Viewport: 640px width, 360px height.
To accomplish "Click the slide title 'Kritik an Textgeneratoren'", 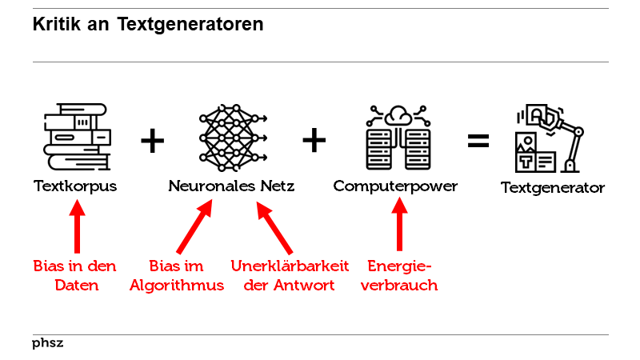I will tap(148, 25).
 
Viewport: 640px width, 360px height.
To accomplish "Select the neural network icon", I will tap(231, 137).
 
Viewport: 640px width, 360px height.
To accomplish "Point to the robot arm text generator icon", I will tap(548, 138).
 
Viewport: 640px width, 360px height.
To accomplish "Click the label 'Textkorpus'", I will tap(75, 186).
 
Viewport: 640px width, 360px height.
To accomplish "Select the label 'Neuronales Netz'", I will tap(231, 186).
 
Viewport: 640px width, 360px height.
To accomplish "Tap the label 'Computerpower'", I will tap(395, 186).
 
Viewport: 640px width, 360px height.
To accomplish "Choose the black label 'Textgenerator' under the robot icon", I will tap(553, 189).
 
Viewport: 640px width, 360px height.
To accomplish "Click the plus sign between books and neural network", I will tap(152, 142).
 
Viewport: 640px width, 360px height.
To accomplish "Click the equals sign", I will tap(478, 141).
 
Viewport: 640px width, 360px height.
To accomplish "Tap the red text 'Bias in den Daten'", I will tap(75, 275).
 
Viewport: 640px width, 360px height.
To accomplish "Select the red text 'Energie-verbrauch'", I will tap(399, 275).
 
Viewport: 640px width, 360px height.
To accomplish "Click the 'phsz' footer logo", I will tap(48, 343).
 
